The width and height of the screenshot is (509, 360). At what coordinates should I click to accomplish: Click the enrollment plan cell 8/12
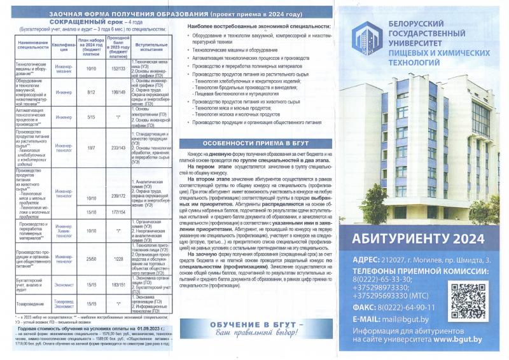click(91, 92)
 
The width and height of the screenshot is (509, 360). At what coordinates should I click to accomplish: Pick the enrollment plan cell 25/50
click(91, 259)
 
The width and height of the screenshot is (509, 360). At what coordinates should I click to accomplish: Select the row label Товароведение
click(27, 304)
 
